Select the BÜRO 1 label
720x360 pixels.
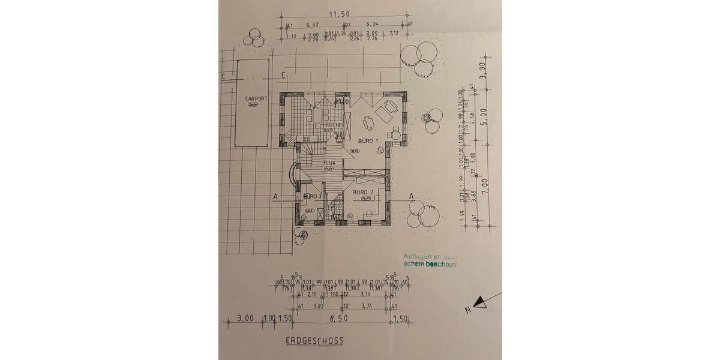pos(368,140)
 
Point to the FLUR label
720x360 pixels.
pos(329,163)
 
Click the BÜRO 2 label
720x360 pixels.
pos(363,192)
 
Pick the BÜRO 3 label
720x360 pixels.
pos(312,196)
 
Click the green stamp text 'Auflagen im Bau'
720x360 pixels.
pos(430,257)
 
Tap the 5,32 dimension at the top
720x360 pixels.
pos(312,25)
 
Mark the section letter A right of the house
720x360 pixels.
pos(412,196)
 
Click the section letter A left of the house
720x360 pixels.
pos(275,196)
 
